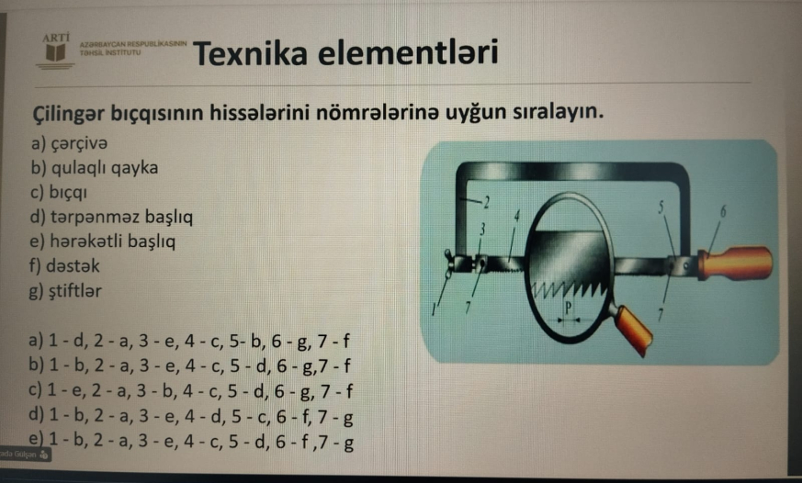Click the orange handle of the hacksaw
click(x=735, y=264)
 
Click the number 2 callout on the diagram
click(x=486, y=200)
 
